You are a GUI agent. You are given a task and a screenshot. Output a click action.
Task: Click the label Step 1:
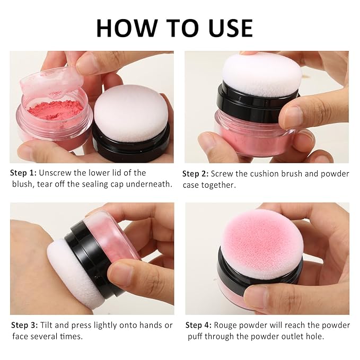(x=23, y=173)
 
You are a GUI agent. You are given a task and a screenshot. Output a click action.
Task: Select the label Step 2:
(x=196, y=174)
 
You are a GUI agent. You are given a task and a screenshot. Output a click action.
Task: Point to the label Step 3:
(x=24, y=325)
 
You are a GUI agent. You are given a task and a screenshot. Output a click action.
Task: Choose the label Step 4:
(x=198, y=325)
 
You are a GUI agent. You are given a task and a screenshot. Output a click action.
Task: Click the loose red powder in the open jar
(x=55, y=110)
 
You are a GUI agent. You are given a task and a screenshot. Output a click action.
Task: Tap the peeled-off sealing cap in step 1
(x=51, y=82)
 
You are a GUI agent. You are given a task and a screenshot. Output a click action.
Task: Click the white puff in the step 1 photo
(x=131, y=113)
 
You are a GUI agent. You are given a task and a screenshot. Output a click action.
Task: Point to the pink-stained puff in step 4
(x=262, y=244)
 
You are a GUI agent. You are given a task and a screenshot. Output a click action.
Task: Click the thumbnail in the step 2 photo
(x=289, y=115)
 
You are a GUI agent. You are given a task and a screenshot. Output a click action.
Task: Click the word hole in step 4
(x=315, y=337)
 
